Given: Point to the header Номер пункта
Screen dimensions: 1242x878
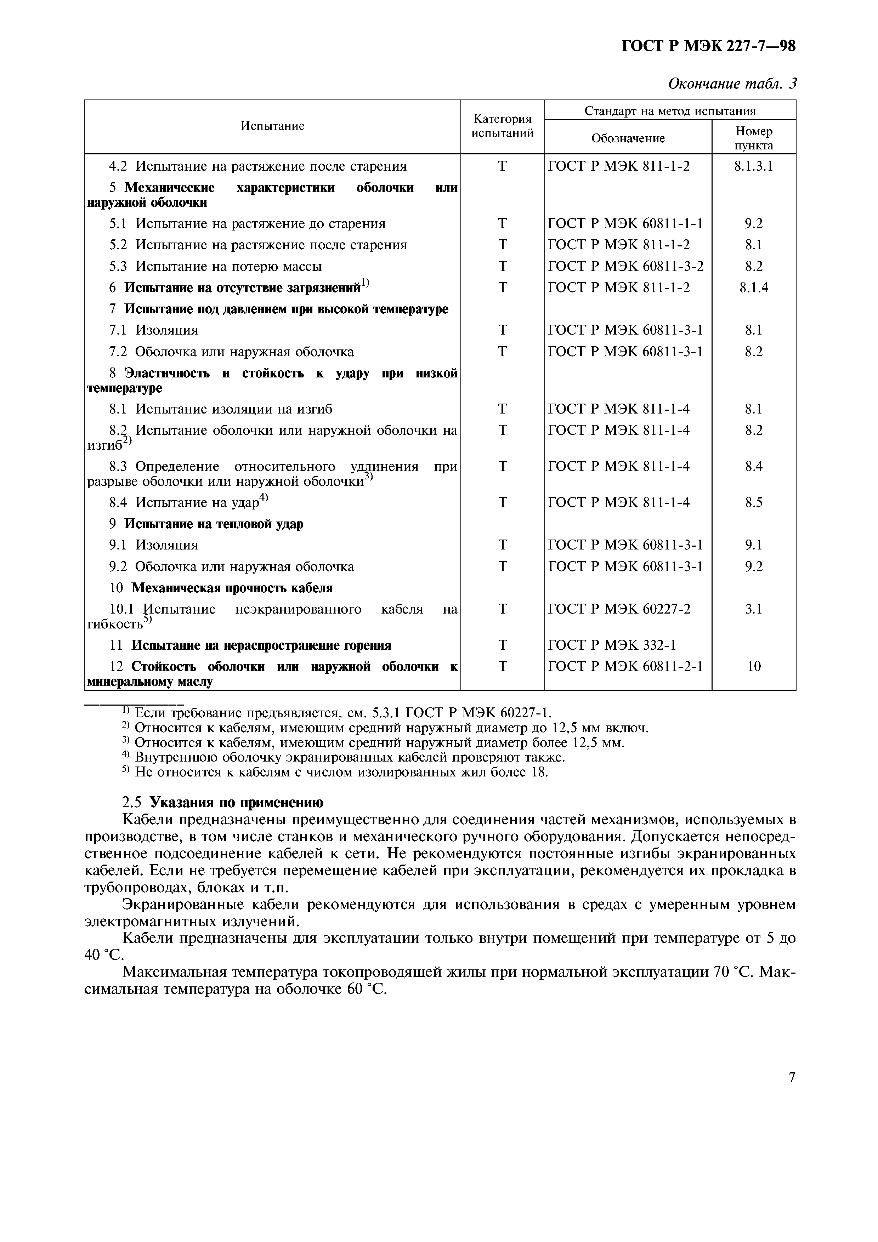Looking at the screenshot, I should click(x=754, y=138).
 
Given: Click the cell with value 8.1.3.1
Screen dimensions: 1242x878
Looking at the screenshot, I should click(x=754, y=166).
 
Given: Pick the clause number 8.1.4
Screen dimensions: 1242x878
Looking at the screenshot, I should click(x=754, y=287).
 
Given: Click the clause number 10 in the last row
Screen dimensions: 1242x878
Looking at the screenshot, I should click(x=754, y=666).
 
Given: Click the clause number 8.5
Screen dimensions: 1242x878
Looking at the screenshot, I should click(x=754, y=502).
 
